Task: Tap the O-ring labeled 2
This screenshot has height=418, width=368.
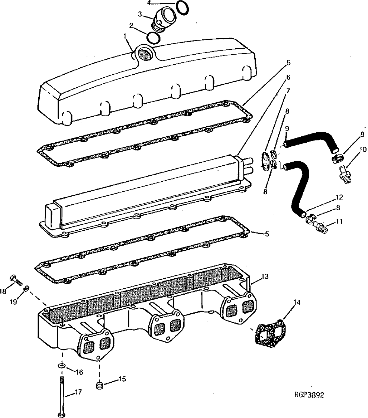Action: [x=153, y=38]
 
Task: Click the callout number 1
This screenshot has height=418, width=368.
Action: [x=125, y=36]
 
